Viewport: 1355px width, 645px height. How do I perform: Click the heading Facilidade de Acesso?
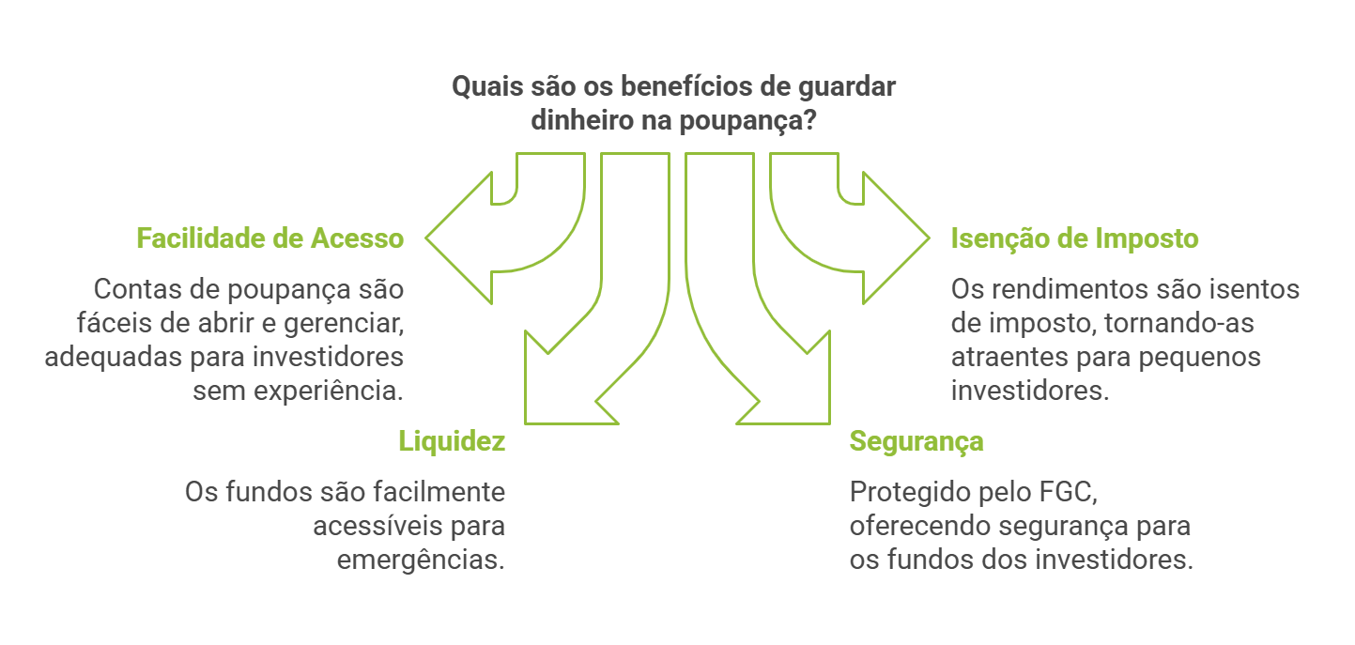(270, 238)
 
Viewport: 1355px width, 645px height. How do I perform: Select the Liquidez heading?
(452, 440)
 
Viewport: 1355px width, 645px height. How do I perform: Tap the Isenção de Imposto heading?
(1074, 238)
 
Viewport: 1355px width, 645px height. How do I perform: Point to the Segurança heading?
(916, 440)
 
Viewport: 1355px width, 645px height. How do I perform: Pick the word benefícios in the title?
(675, 87)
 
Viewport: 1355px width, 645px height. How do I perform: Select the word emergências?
(421, 560)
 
